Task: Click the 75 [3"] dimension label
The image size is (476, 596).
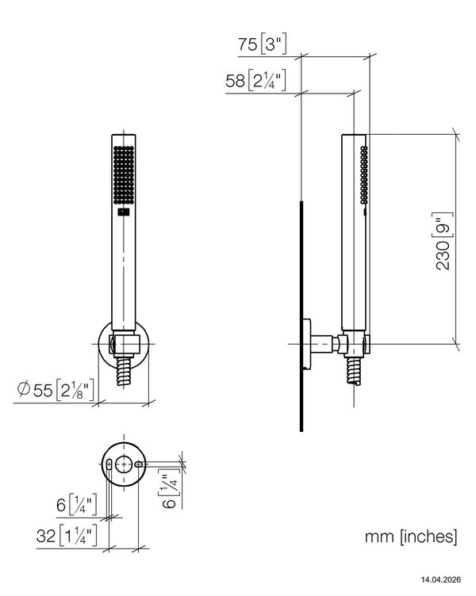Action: click(262, 44)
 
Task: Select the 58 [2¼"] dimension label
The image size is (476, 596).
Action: click(255, 81)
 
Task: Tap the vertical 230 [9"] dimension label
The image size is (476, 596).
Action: click(444, 242)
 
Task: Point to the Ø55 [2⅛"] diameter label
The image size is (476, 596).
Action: click(56, 390)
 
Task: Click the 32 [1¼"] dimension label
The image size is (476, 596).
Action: click(67, 536)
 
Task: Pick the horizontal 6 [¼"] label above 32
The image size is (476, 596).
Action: click(77, 505)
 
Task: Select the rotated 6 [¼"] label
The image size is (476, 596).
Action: click(170, 491)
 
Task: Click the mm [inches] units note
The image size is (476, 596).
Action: click(411, 537)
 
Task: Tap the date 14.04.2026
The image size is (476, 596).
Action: click(440, 579)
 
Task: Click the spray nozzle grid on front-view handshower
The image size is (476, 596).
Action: click(124, 175)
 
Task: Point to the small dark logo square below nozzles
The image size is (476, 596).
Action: click(124, 212)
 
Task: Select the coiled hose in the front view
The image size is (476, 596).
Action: click(124, 372)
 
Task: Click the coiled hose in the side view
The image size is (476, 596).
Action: click(354, 372)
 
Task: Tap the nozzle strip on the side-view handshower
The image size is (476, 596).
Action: click(364, 175)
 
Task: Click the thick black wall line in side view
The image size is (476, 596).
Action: click(301, 316)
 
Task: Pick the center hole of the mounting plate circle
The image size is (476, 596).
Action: click(124, 464)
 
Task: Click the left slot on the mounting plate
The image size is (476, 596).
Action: click(109, 464)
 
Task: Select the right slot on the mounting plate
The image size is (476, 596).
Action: click(139, 464)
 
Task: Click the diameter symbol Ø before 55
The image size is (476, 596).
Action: click(24, 389)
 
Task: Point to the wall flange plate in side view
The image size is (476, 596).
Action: click(307, 344)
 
